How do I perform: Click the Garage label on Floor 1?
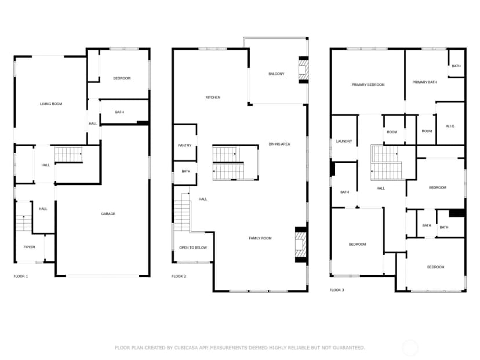[108, 214]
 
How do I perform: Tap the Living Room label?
[51, 104]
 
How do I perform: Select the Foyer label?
[30, 247]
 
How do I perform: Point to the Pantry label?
[184, 146]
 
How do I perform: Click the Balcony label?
[276, 74]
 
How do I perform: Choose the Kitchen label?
[213, 97]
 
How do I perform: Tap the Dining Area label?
[279, 144]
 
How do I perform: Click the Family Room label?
[260, 238]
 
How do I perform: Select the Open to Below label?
[193, 248]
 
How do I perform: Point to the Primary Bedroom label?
[368, 85]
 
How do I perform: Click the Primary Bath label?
[424, 82]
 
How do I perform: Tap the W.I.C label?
[450, 126]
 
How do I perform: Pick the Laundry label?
[344, 141]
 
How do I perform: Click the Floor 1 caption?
[21, 276]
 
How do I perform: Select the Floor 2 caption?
[179, 276]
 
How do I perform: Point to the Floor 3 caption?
[337, 290]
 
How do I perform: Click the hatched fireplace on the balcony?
[303, 70]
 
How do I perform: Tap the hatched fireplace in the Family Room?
[300, 245]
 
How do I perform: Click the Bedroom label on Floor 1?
[122, 78]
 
